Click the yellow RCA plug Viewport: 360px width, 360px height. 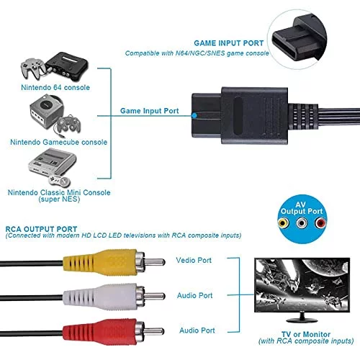[114, 262]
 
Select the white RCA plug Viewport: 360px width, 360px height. [114, 297]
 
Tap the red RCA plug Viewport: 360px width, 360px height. [114, 332]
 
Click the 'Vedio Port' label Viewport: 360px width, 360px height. [194, 260]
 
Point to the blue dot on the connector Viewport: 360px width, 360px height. [194, 115]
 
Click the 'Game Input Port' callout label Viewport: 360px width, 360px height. [150, 111]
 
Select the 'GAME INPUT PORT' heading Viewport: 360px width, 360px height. [229, 43]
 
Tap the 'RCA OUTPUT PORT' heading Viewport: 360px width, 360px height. [41, 229]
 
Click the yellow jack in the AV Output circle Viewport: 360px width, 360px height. [283, 223]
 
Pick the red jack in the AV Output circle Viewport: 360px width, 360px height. [320, 223]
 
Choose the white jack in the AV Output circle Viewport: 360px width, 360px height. [302, 223]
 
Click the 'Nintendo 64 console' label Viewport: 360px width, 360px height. [55, 87]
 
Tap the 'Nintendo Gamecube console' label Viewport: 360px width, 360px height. [58, 142]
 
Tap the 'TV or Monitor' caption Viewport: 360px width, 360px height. [306, 334]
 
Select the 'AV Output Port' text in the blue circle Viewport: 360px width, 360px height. [302, 208]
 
